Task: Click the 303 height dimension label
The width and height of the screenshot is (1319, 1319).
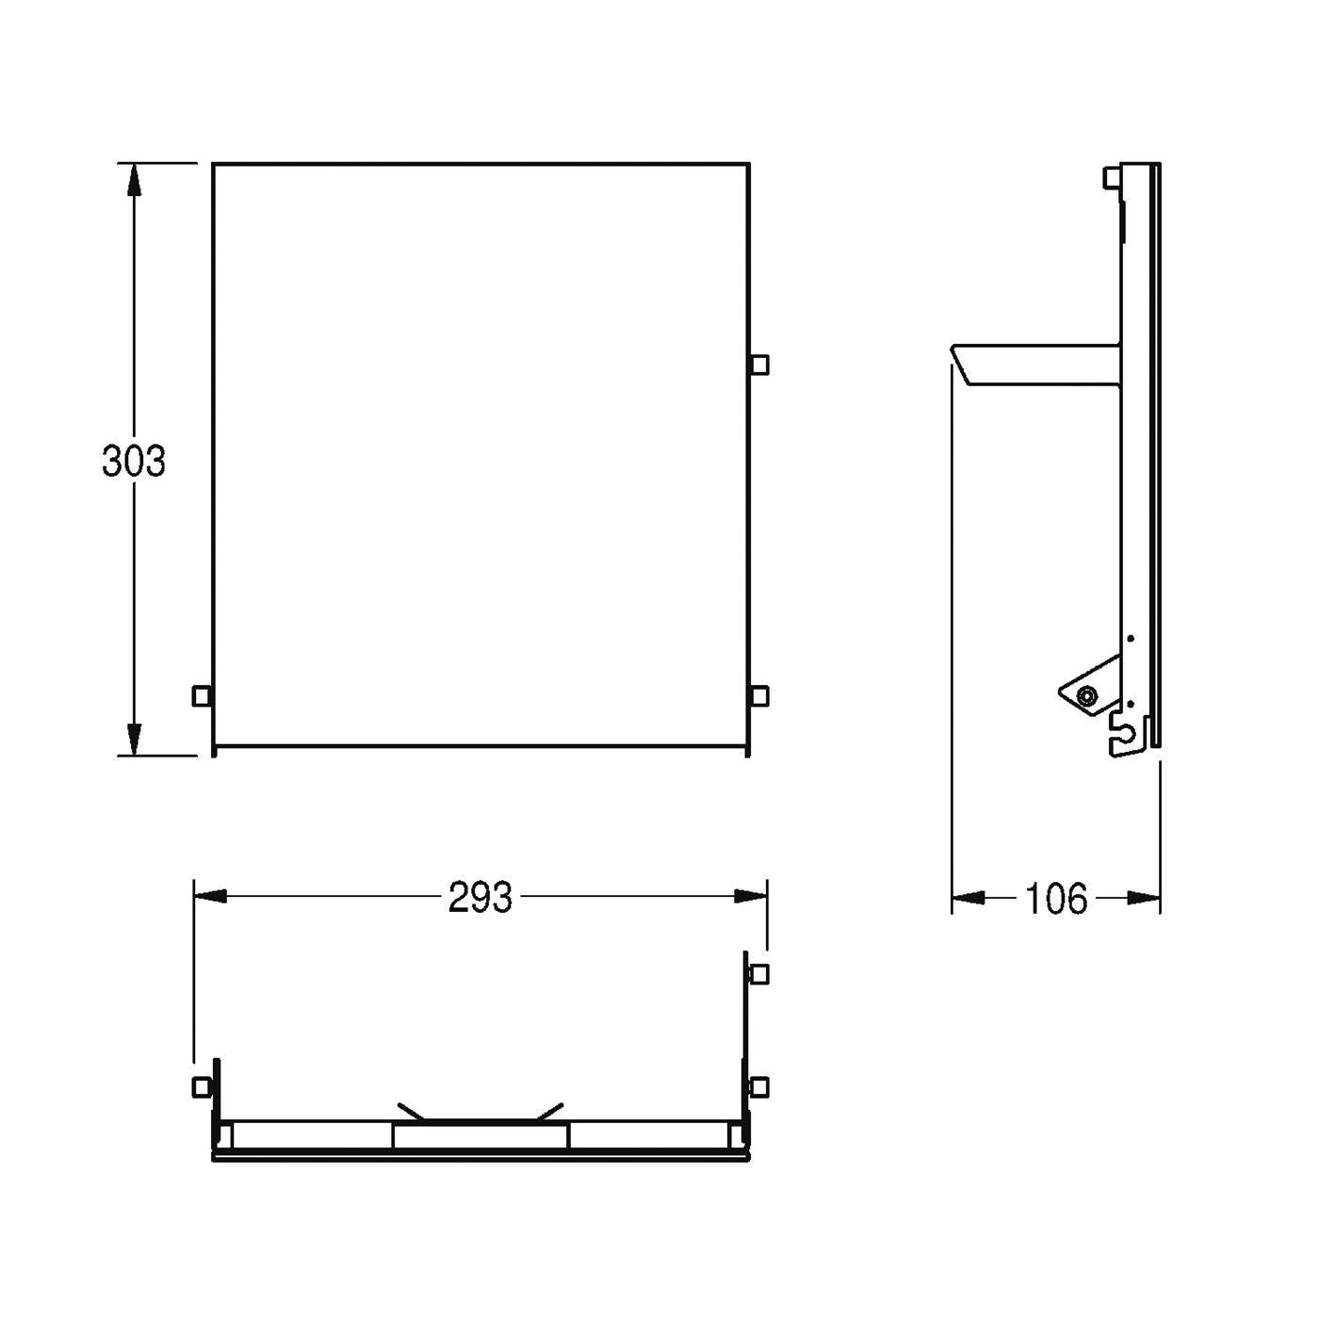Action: click(134, 461)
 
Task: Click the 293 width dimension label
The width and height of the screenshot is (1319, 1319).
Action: click(480, 897)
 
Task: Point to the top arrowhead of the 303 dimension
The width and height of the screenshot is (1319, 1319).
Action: click(134, 181)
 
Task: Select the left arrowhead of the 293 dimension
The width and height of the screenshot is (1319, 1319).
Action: click(210, 896)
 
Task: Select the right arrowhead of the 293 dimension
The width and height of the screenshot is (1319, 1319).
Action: click(751, 896)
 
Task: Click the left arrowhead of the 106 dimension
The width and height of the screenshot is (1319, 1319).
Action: click(969, 897)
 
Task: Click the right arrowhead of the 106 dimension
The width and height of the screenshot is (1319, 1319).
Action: click(1144, 897)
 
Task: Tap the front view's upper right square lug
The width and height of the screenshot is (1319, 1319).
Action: click(759, 365)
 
